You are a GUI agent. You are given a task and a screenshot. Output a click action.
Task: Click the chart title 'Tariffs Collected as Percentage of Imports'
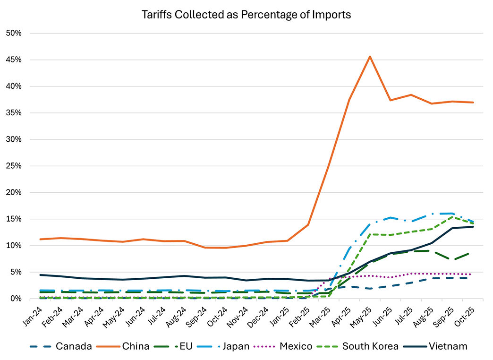[x=246, y=14]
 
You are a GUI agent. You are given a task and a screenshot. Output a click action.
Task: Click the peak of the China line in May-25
[x=370, y=56]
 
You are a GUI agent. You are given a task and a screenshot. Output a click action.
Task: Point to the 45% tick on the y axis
[x=19, y=60]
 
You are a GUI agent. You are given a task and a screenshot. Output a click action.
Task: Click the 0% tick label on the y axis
[x=21, y=299]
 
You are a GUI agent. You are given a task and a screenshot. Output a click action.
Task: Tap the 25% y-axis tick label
[x=19, y=166]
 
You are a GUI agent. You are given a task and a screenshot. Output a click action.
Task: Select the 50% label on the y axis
[x=19, y=33]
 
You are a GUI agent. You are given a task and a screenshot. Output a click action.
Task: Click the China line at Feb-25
[x=308, y=224]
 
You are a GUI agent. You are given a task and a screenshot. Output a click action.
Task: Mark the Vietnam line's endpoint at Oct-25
[x=473, y=227]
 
